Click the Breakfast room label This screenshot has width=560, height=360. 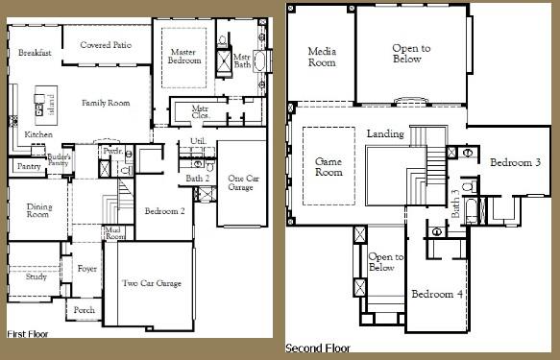click(35, 54)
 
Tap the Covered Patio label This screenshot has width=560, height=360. click(105, 44)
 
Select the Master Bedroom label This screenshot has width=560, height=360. click(184, 56)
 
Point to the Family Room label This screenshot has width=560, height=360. click(106, 103)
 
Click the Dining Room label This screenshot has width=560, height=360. click(37, 209)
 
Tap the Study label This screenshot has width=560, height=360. click(37, 276)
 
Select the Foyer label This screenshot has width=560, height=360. click(86, 270)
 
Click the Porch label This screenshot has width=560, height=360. click(85, 310)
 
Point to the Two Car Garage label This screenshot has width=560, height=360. click(153, 283)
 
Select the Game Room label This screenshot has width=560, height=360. click(329, 167)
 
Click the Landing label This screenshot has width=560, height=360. click(385, 133)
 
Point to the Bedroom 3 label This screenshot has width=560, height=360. click(509, 163)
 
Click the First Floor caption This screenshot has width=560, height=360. click(28, 334)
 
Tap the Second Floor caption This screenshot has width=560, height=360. click(318, 348)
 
